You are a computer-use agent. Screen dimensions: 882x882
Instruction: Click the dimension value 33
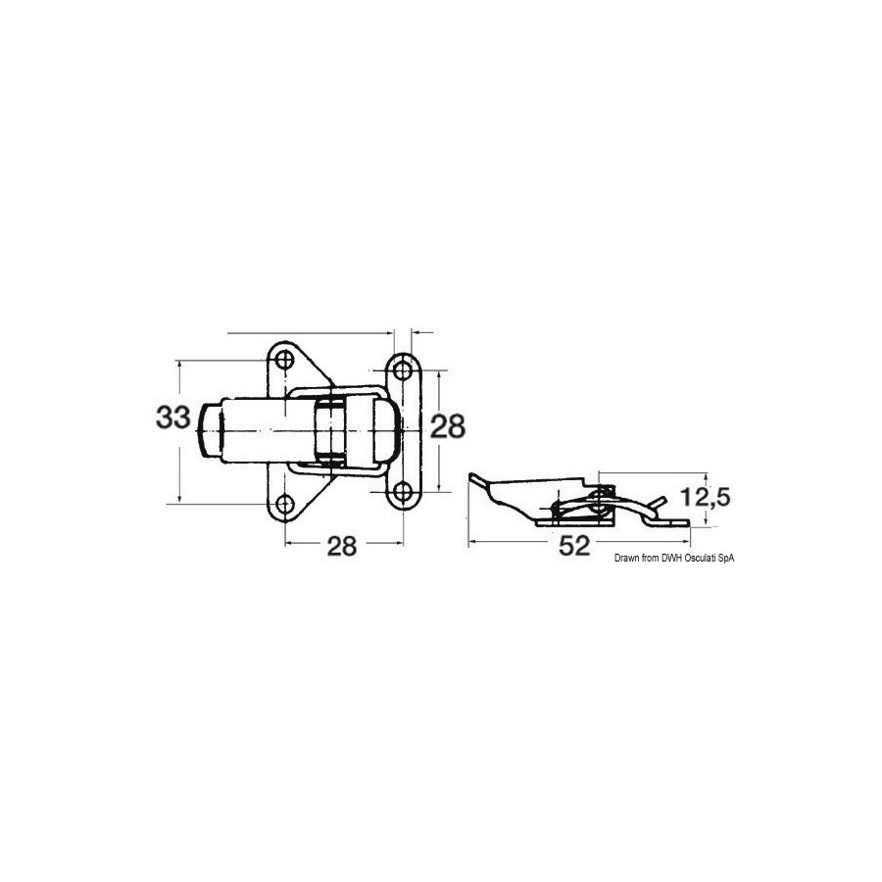pyautogui.click(x=173, y=417)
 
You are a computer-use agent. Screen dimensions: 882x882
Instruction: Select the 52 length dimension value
pyautogui.click(x=574, y=546)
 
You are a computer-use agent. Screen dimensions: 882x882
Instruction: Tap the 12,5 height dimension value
pyautogui.click(x=706, y=497)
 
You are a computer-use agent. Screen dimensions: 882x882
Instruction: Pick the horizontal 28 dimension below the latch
pyautogui.click(x=342, y=546)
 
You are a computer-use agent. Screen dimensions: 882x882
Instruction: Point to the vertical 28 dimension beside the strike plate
pyautogui.click(x=448, y=426)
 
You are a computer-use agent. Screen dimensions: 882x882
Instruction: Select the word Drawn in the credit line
pyautogui.click(x=626, y=558)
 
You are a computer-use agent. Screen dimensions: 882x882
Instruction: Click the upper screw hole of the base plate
pyautogui.click(x=285, y=360)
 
